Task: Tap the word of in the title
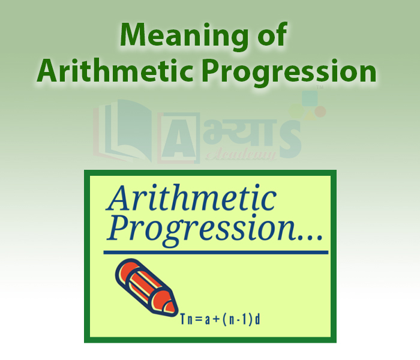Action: tap(272, 34)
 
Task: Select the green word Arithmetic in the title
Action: tap(115, 70)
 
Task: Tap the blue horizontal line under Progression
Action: tap(216, 253)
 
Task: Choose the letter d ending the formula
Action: tap(257, 320)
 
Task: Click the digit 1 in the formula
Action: tap(244, 320)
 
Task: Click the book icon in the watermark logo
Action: tap(122, 131)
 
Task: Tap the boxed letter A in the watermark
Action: tap(179, 138)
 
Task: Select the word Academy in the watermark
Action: tap(241, 154)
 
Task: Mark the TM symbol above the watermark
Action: tap(320, 87)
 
